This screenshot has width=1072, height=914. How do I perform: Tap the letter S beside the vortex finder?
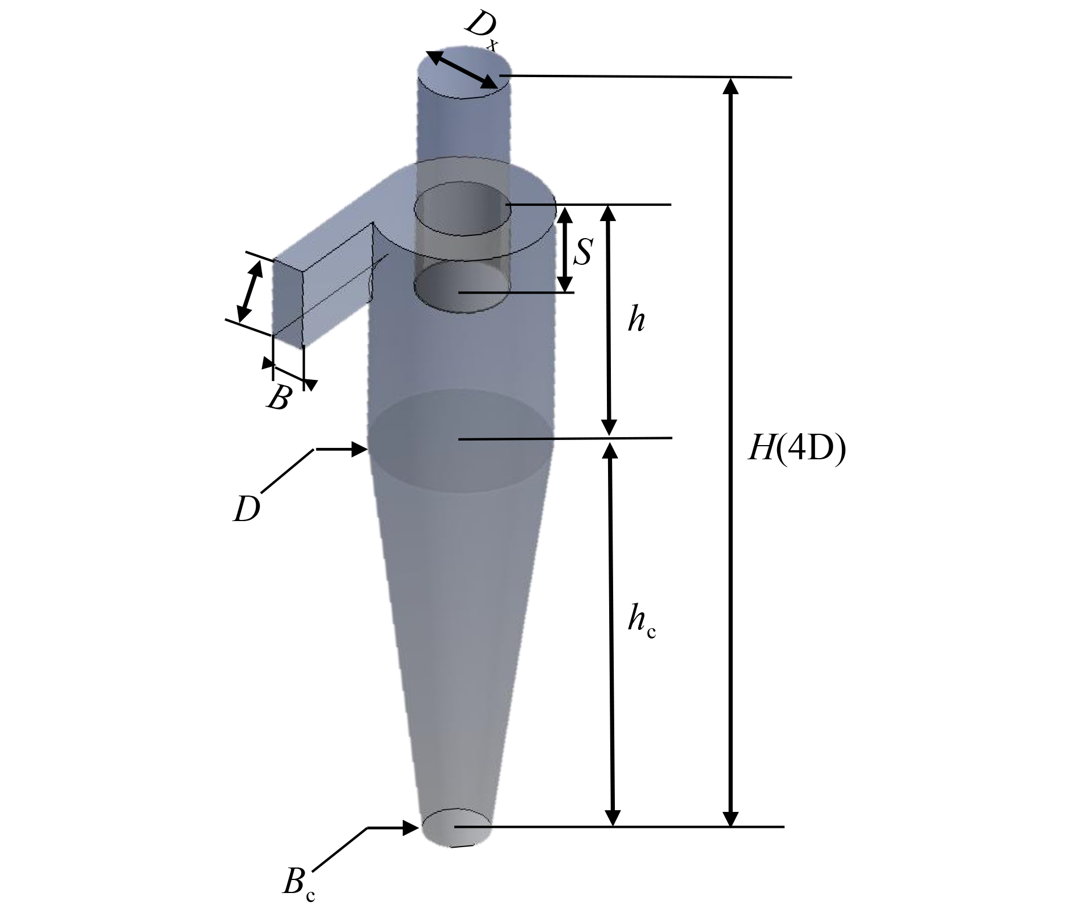[x=583, y=252]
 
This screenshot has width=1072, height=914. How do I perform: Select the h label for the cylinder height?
[x=636, y=320]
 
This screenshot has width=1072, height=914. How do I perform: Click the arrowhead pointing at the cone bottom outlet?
[x=412, y=827]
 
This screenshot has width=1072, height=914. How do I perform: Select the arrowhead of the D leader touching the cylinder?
[x=361, y=449]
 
